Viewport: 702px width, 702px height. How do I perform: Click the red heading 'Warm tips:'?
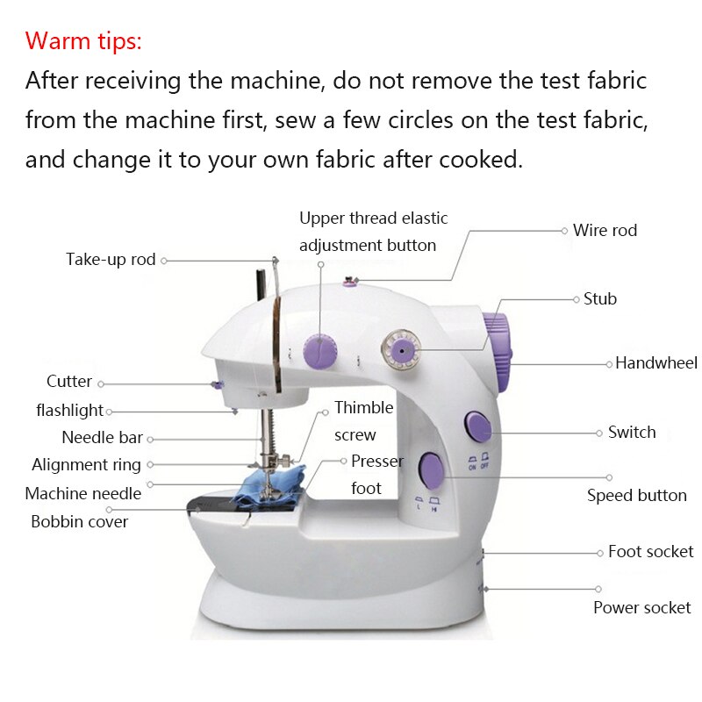pyautogui.click(x=83, y=40)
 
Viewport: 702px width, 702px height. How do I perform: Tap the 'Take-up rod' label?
pyautogui.click(x=111, y=260)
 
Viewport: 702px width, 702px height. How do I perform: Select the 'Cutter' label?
pyautogui.click(x=69, y=382)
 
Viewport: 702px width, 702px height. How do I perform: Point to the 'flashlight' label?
pyautogui.click(x=70, y=411)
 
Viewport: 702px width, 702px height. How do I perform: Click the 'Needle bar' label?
pyautogui.click(x=102, y=438)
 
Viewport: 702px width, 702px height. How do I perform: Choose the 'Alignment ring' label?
pyautogui.click(x=86, y=465)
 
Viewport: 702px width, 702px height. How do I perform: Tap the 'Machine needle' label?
pyautogui.click(x=83, y=493)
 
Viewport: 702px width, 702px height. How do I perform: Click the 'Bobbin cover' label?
pyautogui.click(x=80, y=521)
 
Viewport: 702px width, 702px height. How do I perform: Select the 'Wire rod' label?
pyautogui.click(x=605, y=231)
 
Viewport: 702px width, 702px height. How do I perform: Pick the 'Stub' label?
pyautogui.click(x=600, y=299)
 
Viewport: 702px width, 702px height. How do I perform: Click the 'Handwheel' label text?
pyautogui.click(x=655, y=363)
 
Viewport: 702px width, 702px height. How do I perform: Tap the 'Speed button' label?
pyautogui.click(x=636, y=496)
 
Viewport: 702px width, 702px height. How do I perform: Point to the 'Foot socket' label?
pyautogui.click(x=650, y=552)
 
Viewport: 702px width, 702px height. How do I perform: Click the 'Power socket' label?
pyautogui.click(x=641, y=607)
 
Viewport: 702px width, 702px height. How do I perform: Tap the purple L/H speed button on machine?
pyautogui.click(x=431, y=470)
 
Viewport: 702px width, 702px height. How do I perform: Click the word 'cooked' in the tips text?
pyautogui.click(x=482, y=161)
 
